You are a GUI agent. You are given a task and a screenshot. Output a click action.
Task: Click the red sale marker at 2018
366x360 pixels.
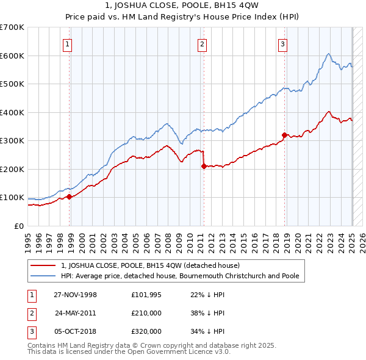click(284, 135)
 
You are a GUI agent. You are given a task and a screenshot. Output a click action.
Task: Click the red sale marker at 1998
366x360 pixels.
click(70, 196)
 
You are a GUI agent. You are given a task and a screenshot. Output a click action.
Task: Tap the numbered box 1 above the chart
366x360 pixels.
click(67, 43)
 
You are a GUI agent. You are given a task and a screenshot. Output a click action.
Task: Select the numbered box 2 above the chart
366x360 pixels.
click(202, 43)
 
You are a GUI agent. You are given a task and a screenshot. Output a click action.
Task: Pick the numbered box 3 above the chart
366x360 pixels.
click(283, 43)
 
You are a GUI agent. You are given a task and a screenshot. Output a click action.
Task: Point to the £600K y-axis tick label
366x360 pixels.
click(12, 56)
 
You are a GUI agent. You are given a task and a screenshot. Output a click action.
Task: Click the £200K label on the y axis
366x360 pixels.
click(12, 169)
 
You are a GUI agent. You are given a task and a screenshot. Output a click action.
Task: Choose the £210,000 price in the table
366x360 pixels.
click(146, 313)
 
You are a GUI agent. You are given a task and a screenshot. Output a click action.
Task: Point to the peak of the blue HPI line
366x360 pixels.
click(328, 54)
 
